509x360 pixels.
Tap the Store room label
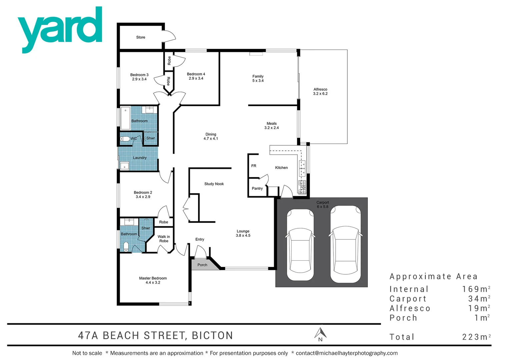[141, 37]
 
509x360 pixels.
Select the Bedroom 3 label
[139, 77]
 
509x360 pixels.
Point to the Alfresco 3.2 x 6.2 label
[320, 91]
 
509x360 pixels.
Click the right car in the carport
[345, 244]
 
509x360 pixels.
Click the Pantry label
[257, 188]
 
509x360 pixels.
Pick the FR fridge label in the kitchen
[254, 166]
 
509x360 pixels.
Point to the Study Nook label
[214, 184]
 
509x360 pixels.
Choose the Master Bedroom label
[153, 280]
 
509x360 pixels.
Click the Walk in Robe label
[164, 239]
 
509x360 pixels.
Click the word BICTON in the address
[212, 335]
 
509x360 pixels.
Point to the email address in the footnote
[347, 353]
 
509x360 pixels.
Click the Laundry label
[140, 158]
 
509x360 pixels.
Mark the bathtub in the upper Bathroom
[125, 118]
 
